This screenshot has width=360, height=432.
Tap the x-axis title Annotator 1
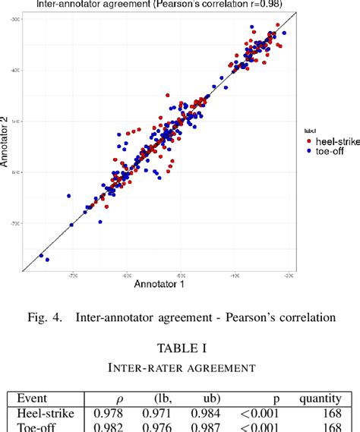160,284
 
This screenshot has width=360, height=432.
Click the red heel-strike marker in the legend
308,141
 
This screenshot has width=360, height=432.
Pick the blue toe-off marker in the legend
308,152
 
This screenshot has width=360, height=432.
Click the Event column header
33,399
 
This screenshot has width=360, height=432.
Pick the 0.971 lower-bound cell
157,413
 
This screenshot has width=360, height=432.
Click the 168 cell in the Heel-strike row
335,413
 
